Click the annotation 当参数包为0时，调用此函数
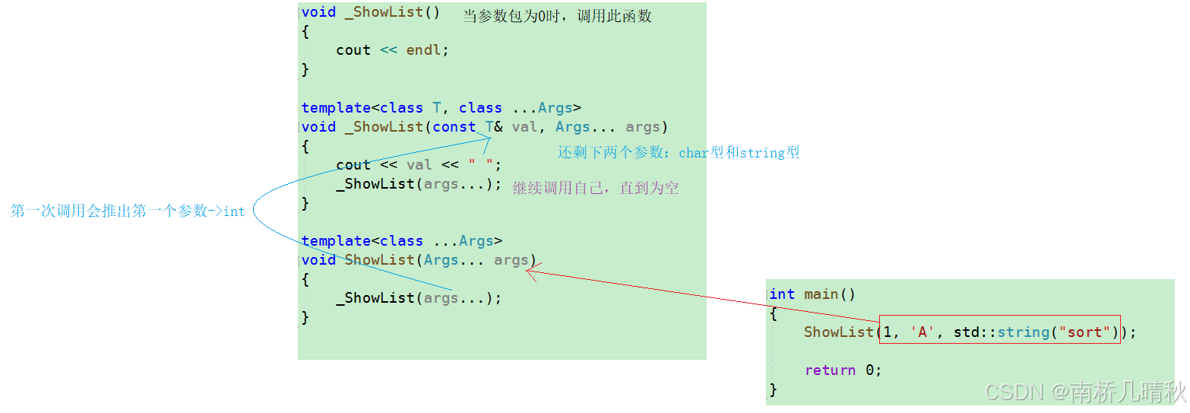pos(557,16)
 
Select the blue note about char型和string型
pos(679,153)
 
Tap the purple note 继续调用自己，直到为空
pos(596,188)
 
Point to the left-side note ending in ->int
pos(128,211)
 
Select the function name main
pos(821,294)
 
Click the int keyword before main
pos(782,294)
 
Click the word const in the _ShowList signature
pos(454,127)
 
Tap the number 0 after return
pos(870,370)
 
